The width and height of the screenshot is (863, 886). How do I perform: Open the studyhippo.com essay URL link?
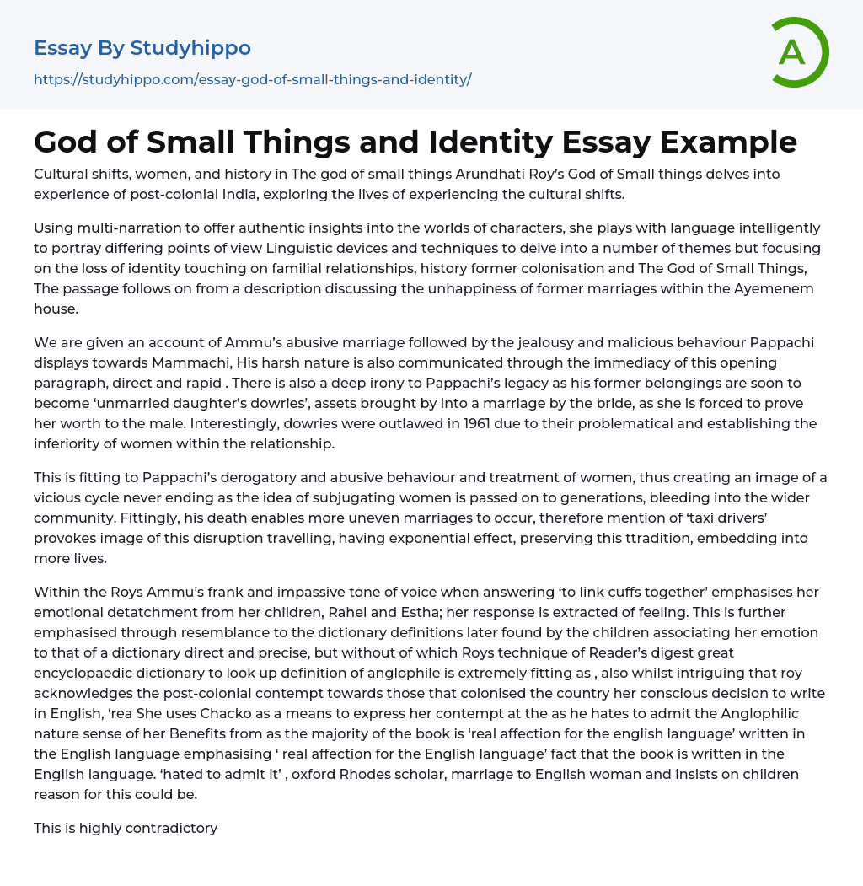point(252,79)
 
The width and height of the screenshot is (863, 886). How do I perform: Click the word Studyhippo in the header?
point(190,48)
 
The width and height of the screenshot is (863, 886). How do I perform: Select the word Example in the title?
point(730,141)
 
